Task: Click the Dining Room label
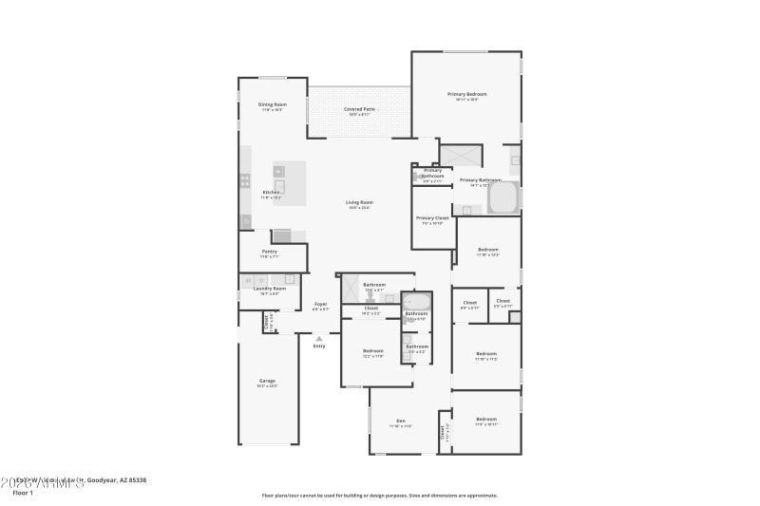click(272, 104)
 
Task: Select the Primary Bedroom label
click(467, 94)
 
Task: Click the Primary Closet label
click(432, 218)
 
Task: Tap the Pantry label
click(270, 252)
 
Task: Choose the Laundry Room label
click(269, 289)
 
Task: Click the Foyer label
click(320, 304)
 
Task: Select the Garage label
click(267, 381)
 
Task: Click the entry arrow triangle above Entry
click(319, 336)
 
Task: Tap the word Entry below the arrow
click(319, 346)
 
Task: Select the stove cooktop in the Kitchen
click(245, 179)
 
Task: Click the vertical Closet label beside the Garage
click(266, 322)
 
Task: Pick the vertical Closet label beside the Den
click(443, 431)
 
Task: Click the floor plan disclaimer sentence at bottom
click(379, 495)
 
